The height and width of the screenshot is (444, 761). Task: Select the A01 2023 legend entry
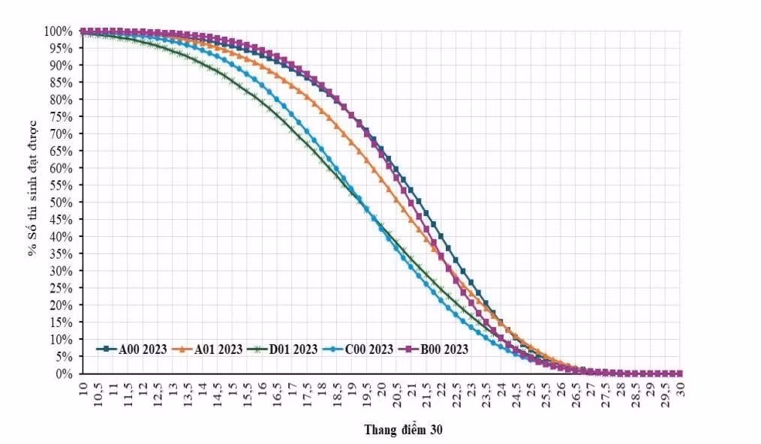212,349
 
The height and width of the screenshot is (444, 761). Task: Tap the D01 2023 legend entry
287,349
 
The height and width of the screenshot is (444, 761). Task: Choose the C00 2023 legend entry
362,349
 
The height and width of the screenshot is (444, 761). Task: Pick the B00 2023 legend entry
438,349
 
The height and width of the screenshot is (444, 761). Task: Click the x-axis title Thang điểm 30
404,430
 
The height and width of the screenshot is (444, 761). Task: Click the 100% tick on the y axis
58,31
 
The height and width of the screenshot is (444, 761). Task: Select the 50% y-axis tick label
61,202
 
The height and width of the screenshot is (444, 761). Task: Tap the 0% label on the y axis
64,373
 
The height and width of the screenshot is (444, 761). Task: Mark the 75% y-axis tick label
61,117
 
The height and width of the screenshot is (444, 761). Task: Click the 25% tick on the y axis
61,288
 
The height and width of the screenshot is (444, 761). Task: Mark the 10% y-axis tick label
61,339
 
